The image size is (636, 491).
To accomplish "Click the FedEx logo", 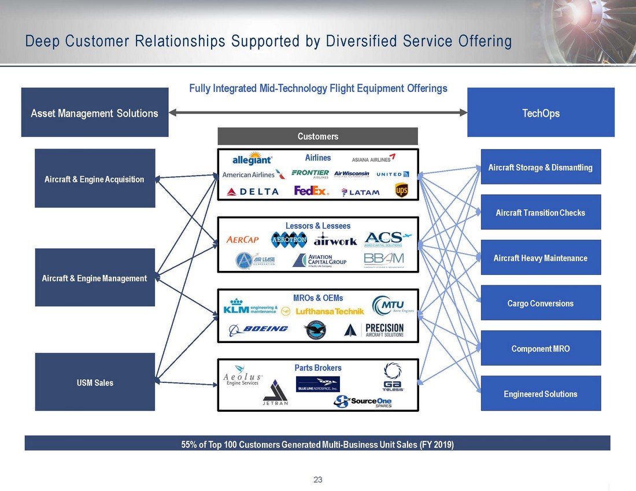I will click(311, 191).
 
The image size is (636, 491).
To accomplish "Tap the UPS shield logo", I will click(401, 190).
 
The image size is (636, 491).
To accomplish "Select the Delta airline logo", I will click(253, 191).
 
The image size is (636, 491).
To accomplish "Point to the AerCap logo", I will click(243, 240).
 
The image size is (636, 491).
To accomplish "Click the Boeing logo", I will click(258, 329).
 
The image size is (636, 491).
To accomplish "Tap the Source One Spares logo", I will click(363, 401).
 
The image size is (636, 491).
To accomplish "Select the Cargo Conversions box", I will click(541, 303).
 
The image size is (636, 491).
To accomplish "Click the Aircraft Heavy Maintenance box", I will click(541, 258).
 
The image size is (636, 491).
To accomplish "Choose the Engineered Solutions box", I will click(541, 394).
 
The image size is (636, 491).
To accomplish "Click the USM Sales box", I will click(95, 382).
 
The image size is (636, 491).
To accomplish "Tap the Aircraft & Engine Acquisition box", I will click(95, 179).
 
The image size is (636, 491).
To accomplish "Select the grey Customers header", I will click(317, 136).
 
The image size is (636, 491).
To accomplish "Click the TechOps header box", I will click(541, 113).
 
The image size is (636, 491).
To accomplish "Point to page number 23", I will click(317, 479).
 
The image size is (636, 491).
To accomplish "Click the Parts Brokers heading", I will click(317, 368).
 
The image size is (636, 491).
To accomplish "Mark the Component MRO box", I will click(541, 348).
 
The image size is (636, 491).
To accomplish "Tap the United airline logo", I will click(393, 174).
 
